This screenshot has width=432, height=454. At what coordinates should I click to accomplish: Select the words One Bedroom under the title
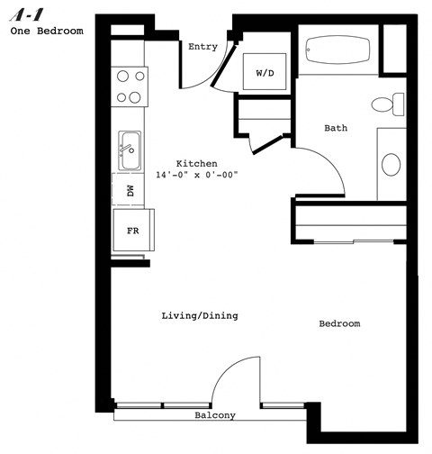(x=47, y=31)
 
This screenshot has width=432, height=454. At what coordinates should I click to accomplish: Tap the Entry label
(x=202, y=48)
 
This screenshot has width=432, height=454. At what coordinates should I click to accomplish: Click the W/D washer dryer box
(x=265, y=71)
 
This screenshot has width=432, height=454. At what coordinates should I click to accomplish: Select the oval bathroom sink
(x=391, y=165)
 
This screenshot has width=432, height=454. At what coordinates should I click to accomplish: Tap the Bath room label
(x=336, y=129)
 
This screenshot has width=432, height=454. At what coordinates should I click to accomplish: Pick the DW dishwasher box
(x=130, y=191)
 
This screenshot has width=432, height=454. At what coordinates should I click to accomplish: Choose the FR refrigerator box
(x=131, y=231)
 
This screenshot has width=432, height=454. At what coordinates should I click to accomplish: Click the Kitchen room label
(x=196, y=163)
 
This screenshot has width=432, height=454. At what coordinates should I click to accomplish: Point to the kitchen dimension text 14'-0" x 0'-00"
(x=196, y=175)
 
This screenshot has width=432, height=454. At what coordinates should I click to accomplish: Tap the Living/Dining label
(x=199, y=315)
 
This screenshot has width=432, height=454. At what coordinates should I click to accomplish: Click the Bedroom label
(x=339, y=323)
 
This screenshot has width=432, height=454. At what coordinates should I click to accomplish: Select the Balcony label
(x=215, y=415)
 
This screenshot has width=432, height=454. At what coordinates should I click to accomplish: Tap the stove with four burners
(x=130, y=87)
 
